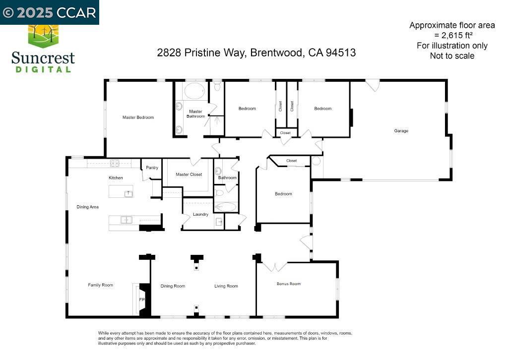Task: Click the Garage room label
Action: point(401,131)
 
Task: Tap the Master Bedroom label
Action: point(138,117)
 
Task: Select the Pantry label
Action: point(152,168)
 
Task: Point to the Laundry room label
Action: point(200,214)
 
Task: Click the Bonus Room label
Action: point(289,284)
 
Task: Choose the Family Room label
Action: point(100,285)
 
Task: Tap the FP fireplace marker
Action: point(142,300)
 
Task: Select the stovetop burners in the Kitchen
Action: point(115,163)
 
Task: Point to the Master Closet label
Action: point(189,174)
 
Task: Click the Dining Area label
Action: point(87,207)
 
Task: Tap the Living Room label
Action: point(226,286)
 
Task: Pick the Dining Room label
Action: point(173,286)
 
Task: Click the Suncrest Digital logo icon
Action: point(43,36)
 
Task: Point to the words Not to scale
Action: point(452,56)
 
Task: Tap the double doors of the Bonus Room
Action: point(275,267)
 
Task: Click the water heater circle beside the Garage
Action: point(316,161)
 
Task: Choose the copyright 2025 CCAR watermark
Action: point(49,12)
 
